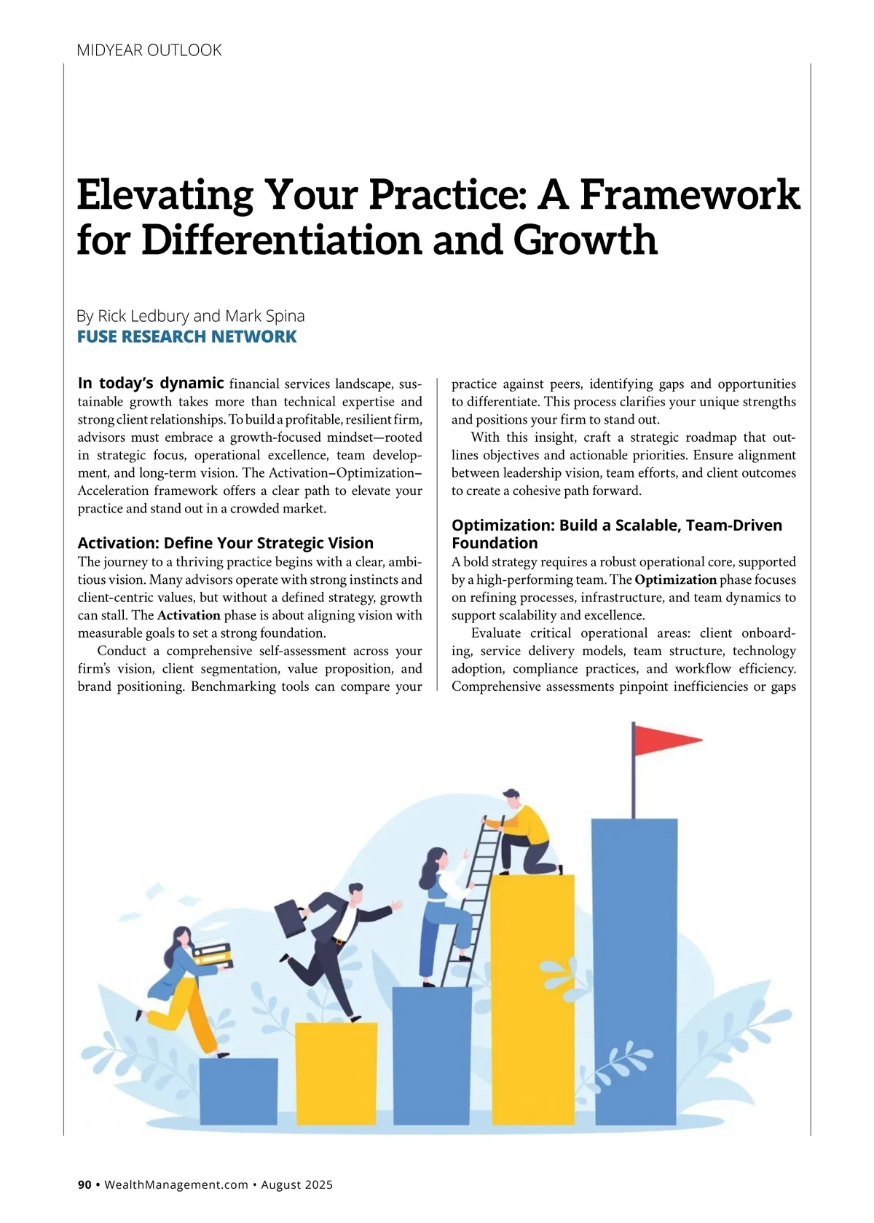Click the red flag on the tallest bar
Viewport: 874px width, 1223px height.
click(x=663, y=740)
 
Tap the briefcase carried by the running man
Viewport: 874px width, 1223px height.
click(x=290, y=918)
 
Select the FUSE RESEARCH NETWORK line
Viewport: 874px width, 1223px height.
click(x=186, y=336)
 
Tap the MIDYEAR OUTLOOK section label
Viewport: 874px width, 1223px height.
click(x=149, y=50)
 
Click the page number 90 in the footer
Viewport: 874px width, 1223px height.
click(x=84, y=1184)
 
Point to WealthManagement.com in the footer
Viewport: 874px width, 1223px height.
click(x=176, y=1184)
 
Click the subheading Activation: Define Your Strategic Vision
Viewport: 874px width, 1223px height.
click(x=225, y=543)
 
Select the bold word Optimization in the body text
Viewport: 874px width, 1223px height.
click(x=675, y=580)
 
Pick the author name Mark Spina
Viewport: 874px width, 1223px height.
click(x=265, y=316)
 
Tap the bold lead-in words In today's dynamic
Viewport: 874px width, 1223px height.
click(x=150, y=383)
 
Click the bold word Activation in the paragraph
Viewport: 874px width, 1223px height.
click(x=189, y=615)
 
